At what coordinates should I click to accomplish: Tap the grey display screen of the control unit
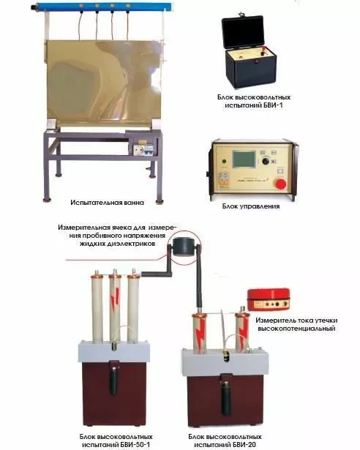click(244, 159)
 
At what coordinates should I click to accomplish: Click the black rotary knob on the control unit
click(266, 161)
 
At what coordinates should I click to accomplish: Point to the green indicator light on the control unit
click(224, 161)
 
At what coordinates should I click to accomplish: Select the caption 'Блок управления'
click(251, 206)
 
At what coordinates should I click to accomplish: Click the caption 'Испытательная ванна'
click(107, 203)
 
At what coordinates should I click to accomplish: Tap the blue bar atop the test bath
click(102, 7)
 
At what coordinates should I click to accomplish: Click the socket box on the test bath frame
click(143, 149)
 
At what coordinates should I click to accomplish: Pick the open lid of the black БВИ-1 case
click(243, 32)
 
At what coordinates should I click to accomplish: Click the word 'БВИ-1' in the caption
click(273, 105)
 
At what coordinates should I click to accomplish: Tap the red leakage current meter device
click(269, 299)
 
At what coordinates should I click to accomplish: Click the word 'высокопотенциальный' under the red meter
click(296, 329)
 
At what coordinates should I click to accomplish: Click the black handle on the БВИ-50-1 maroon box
click(114, 381)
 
